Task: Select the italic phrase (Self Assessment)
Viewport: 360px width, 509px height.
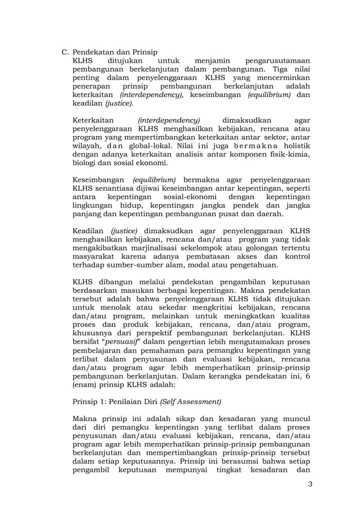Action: [191, 402]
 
